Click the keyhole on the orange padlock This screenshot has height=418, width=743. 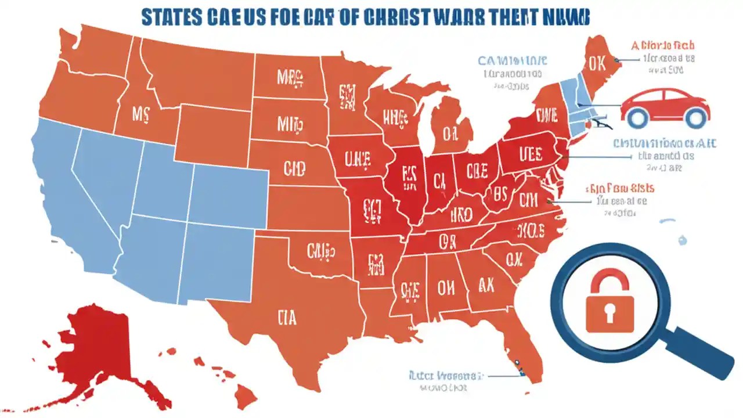(x=609, y=313)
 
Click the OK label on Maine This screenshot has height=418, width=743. (x=597, y=63)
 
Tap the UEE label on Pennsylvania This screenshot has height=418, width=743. (x=530, y=154)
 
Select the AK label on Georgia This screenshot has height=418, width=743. (x=486, y=284)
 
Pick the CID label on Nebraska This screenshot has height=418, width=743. (x=295, y=169)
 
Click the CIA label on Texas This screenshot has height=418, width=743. (x=286, y=318)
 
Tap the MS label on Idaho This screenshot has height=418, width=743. (x=140, y=114)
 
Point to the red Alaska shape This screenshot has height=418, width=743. (x=110, y=348)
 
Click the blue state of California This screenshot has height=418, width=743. (x=64, y=192)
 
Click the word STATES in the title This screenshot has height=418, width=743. (x=172, y=17)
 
